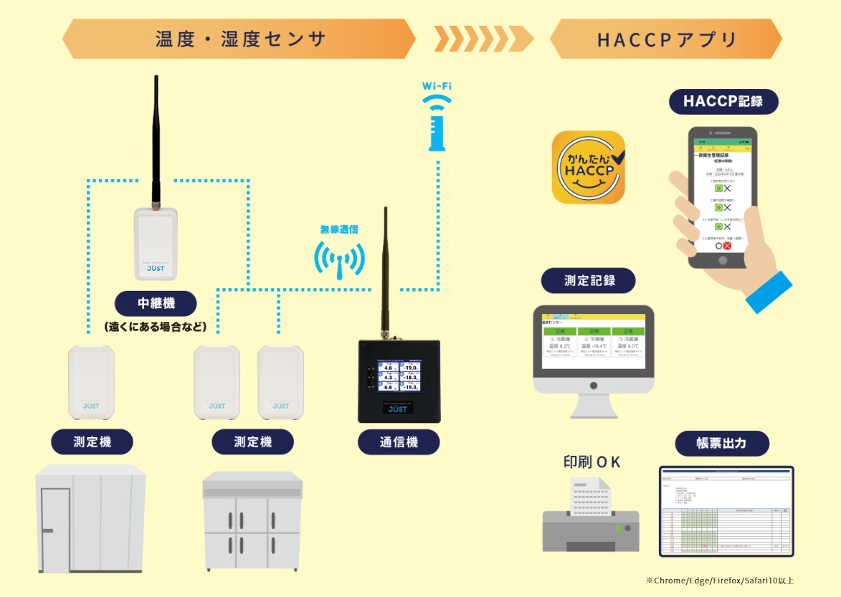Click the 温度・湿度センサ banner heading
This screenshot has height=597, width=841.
[x=240, y=39]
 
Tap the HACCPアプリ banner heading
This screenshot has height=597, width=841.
[x=667, y=39]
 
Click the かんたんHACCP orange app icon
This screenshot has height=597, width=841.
[x=588, y=167]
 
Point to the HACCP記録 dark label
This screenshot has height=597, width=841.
[x=723, y=101]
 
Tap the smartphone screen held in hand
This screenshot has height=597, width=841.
[x=721, y=196]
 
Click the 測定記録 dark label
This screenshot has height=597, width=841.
[x=589, y=280]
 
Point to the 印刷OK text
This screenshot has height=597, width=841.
[x=591, y=462]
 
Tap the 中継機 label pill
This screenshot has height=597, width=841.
[x=156, y=303]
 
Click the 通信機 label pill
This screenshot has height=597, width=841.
[x=398, y=442]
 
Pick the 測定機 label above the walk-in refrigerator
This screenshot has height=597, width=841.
[x=92, y=442]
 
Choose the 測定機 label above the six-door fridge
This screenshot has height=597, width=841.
[x=252, y=442]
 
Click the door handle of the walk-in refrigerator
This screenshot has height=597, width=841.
[x=47, y=530]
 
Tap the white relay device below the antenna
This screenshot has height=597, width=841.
[x=156, y=244]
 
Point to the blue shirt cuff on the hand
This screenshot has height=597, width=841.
[x=768, y=292]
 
